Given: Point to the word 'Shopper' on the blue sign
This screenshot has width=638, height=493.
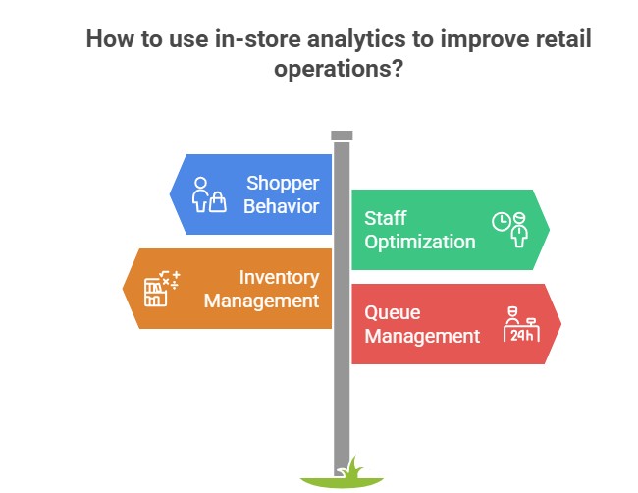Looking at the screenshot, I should click(x=283, y=183).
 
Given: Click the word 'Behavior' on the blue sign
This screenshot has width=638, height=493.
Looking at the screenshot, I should click(x=283, y=206).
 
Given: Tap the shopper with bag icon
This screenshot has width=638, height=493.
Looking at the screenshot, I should click(x=208, y=194).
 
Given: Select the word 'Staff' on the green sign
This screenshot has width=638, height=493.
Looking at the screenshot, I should click(x=386, y=218).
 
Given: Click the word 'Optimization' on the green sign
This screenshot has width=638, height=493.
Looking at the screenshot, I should click(x=420, y=242).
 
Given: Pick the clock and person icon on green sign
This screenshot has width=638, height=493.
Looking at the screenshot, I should click(x=509, y=229).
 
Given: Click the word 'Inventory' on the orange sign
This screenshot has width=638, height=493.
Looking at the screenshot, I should click(x=279, y=277).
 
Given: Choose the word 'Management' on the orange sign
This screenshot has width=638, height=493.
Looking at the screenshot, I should click(x=262, y=301).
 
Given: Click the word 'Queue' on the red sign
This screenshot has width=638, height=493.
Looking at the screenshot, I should click(x=393, y=312).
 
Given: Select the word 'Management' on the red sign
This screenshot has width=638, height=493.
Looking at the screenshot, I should click(x=422, y=336).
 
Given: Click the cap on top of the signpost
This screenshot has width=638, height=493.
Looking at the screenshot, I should click(x=342, y=136).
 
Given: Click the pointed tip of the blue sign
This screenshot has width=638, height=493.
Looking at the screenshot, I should click(x=173, y=194).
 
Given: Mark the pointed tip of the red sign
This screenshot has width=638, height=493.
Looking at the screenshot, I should click(x=558, y=324).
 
